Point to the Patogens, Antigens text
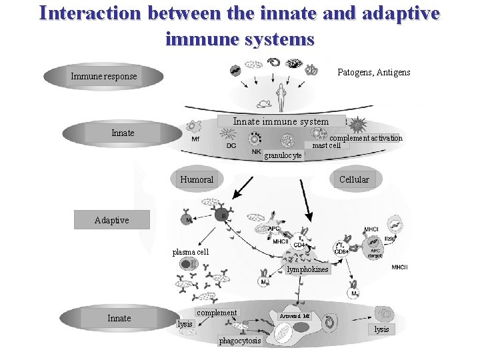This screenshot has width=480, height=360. point(374,72)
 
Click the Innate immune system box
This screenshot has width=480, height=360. point(281,121)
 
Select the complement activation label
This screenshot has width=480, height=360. point(366,138)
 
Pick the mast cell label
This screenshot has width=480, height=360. point(327,145)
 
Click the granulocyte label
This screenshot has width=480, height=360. point(283,156)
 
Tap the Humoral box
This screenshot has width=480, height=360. point(197,179)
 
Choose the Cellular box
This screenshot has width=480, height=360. point(353,179)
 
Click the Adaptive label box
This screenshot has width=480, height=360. point(111,220)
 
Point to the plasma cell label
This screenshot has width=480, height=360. point(191,252)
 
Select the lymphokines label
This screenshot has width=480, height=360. point(307,269)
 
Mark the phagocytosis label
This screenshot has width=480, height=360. point(240,341)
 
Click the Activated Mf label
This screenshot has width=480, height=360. point(295,315)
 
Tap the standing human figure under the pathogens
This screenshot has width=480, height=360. point(281,97)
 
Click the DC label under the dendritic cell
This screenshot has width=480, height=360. point(231,145)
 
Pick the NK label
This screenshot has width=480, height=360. point(257,152)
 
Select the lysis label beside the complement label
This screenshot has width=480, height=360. point(185,324)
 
